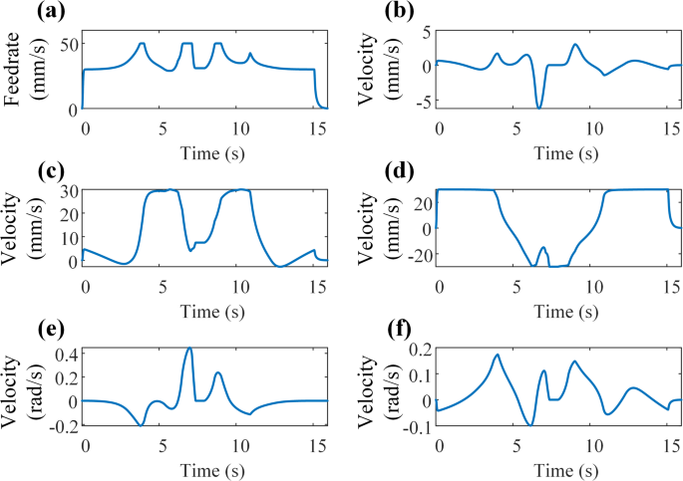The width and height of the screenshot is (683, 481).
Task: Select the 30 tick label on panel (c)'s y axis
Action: pos(67,191)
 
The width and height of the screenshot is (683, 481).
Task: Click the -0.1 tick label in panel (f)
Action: pos(416,427)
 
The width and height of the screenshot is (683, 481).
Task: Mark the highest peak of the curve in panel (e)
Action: pos(189,349)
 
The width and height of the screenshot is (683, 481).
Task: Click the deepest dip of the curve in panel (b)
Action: pos(539,108)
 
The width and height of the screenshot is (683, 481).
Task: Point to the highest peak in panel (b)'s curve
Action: pos(575,45)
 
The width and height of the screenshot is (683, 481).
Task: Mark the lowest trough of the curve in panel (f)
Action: pos(530,425)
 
